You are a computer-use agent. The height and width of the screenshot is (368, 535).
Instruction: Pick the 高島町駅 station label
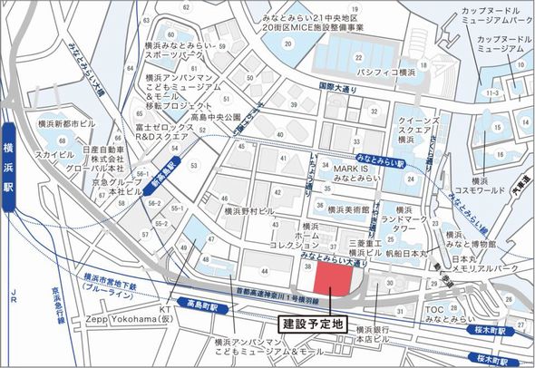[x=199, y=303]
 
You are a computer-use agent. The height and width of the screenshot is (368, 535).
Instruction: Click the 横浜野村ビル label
[x=248, y=210]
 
